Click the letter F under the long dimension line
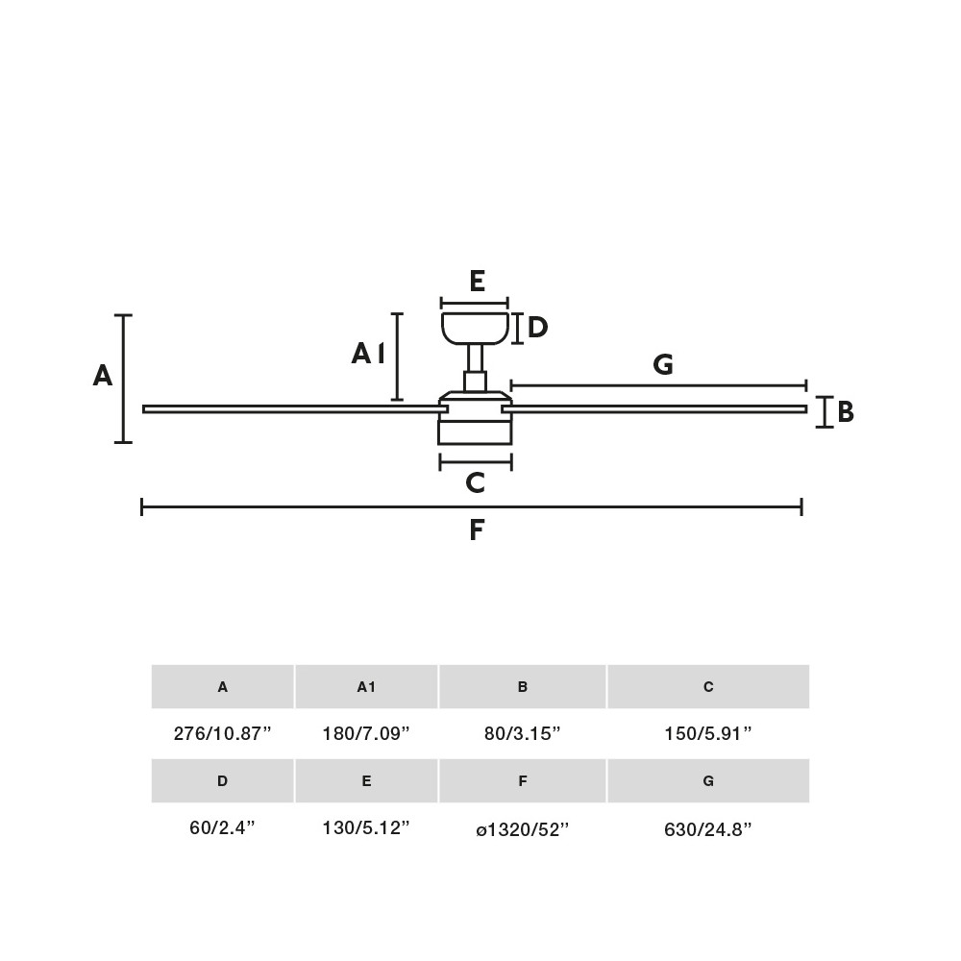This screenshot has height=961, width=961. [477, 530]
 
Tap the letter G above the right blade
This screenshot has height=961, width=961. [662, 365]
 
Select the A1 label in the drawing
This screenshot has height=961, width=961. [368, 355]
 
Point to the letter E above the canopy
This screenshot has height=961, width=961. [477, 282]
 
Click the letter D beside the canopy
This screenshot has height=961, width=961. [537, 328]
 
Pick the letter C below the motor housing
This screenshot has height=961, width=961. [475, 483]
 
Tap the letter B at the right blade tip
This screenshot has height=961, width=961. [846, 412]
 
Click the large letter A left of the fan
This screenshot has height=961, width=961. [103, 376]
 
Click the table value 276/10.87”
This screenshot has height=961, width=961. [223, 733]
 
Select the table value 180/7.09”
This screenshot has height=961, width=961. [366, 733]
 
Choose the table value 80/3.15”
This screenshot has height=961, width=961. [523, 733]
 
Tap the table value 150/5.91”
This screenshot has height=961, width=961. [708, 733]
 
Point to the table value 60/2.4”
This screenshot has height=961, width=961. [223, 827]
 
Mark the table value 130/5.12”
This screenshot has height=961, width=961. [366, 827]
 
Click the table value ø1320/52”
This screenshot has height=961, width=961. [523, 827]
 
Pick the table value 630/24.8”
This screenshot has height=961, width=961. [708, 827]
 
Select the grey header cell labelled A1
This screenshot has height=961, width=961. [366, 686]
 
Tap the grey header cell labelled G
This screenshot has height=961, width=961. [708, 780]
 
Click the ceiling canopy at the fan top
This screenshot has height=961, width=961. [475, 327]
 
